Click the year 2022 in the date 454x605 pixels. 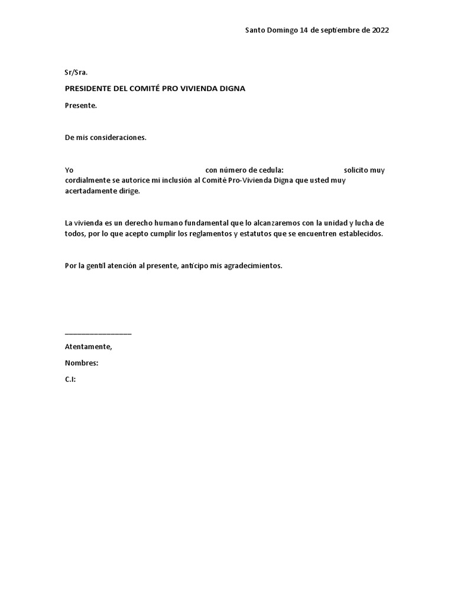tap(381, 30)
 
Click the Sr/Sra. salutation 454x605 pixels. tap(76, 73)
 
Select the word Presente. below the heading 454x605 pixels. tap(81, 106)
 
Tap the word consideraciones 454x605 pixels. tap(118, 138)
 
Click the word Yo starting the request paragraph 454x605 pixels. tap(69, 170)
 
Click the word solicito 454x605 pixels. tap(356, 170)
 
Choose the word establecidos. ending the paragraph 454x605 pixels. tap(358, 234)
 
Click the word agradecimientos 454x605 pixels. tap(253, 266)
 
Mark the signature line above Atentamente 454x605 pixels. tap(98, 334)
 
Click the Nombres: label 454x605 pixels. tap(82, 363)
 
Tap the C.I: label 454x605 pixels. tap(70, 379)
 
